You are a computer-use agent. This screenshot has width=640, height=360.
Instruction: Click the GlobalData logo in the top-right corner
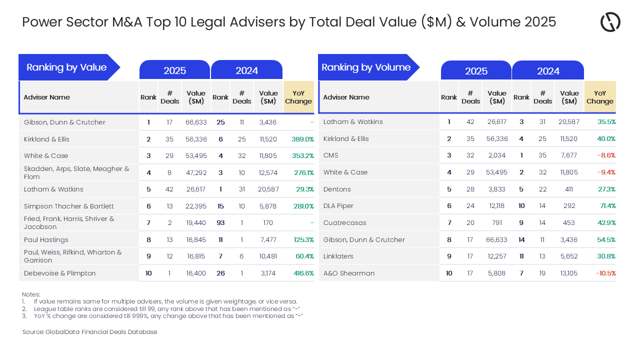coord(610,22)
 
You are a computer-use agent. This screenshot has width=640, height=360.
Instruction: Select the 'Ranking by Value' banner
coord(66,67)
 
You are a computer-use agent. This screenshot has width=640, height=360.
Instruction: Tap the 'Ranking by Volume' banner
coord(366,67)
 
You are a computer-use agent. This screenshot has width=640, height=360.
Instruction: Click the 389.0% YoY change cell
coord(302,139)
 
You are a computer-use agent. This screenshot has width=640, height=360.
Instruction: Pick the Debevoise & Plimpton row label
coord(59,273)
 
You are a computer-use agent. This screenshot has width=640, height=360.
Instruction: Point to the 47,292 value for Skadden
coord(196,172)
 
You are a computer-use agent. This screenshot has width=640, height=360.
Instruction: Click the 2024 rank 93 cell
coord(220,222)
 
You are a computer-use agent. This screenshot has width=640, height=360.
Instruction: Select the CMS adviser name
coord(331,155)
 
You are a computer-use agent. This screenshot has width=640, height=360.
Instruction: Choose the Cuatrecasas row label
coord(344,222)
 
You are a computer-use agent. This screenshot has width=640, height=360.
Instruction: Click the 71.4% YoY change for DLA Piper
coord(607,205)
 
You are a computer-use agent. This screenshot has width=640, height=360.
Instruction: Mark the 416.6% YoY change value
coord(303,273)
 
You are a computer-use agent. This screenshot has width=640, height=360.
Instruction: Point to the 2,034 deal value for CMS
coord(497,155)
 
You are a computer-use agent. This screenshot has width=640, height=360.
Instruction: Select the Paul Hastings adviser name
coord(46,239)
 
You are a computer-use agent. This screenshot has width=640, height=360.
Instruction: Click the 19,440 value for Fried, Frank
coord(196,222)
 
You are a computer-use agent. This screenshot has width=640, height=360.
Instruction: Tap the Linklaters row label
coord(338,256)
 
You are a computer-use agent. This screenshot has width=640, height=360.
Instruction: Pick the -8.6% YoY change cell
coord(606,155)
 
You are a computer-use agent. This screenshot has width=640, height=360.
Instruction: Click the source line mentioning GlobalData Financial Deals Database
coord(89,332)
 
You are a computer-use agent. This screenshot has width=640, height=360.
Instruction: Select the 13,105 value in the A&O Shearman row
coord(569,273)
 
